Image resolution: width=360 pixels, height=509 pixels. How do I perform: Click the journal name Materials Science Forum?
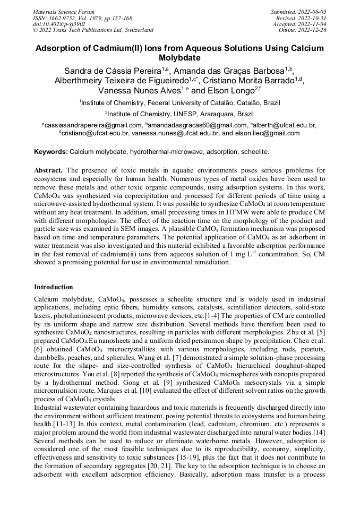tap(64, 11)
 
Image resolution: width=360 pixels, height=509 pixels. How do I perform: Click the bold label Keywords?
tap(51, 152)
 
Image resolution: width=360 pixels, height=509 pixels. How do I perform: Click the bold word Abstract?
tap(49, 170)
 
